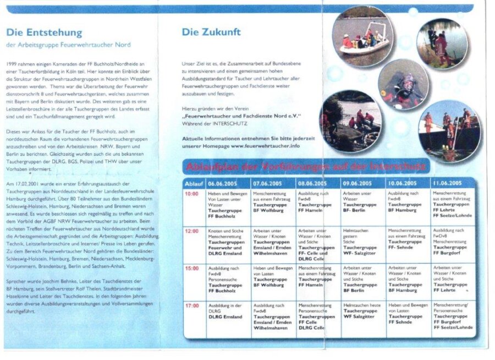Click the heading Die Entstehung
44,32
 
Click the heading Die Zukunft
211,32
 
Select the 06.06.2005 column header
222,183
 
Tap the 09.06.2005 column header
356,183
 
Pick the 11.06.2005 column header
447,183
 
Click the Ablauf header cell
193,183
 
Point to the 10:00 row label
191,194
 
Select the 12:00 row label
191,231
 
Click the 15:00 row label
191,268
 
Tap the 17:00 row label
191,305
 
